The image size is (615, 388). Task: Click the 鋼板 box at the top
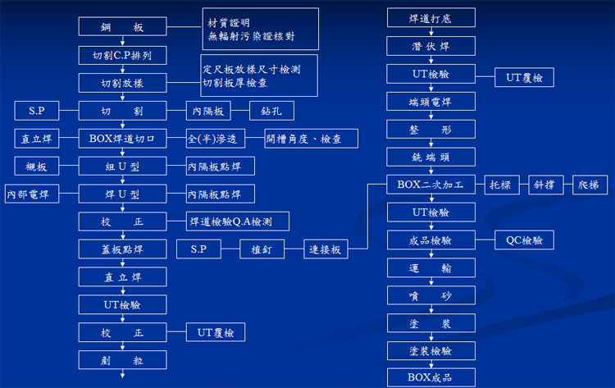[123, 27]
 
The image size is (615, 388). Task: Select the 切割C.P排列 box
[123, 55]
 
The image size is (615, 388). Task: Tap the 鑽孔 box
[271, 111]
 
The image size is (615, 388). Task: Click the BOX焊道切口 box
[123, 139]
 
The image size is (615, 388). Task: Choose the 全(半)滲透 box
[216, 139]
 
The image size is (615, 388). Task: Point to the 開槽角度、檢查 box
[311, 139]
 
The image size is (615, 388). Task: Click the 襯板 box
[36, 167]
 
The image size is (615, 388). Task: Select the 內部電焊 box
[28, 194]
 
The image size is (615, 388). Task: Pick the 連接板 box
[326, 249]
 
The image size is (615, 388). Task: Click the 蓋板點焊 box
[123, 249]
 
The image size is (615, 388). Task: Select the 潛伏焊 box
[430, 46]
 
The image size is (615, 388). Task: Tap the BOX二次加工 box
[430, 185]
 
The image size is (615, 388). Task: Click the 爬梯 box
[589, 185]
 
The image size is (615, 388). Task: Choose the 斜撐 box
[544, 185]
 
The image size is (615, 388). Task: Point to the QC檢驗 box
[524, 240]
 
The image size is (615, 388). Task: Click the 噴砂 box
[430, 296]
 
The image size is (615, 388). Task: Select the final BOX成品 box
[430, 377]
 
